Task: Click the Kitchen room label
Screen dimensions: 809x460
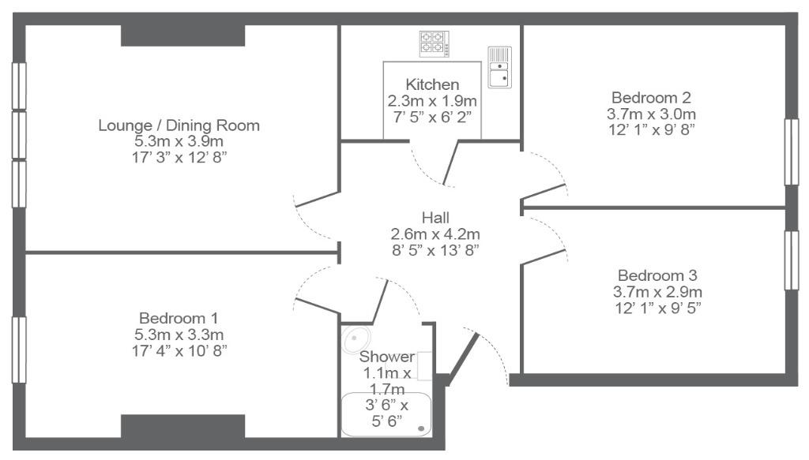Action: tap(432, 84)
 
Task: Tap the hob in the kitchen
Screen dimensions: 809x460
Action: tap(434, 43)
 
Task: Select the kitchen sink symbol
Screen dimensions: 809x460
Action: tap(499, 67)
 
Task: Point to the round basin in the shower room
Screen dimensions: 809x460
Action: tap(356, 339)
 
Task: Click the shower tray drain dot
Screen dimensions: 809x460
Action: tap(422, 428)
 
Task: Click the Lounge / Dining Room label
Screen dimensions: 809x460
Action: tap(179, 125)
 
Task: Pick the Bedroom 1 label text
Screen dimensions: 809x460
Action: tap(179, 318)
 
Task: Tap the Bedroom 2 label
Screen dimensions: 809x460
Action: tap(651, 97)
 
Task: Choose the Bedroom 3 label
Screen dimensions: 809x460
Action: tap(657, 275)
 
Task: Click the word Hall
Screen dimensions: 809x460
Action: tap(435, 218)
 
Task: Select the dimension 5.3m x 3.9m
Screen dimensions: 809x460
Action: tap(179, 141)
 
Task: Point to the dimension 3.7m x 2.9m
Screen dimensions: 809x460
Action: tap(657, 292)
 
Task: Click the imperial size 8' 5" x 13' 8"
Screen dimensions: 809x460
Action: tap(435, 250)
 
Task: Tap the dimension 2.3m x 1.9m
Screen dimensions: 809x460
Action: tap(432, 100)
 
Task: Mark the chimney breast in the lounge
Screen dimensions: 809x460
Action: tap(182, 35)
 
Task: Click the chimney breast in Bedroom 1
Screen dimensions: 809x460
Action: tap(182, 426)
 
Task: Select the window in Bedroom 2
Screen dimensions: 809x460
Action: tap(792, 152)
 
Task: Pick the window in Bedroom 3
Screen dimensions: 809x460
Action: tap(792, 260)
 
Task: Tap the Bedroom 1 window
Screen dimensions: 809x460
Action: tap(19, 350)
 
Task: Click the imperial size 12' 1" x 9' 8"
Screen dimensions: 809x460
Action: tap(651, 130)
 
